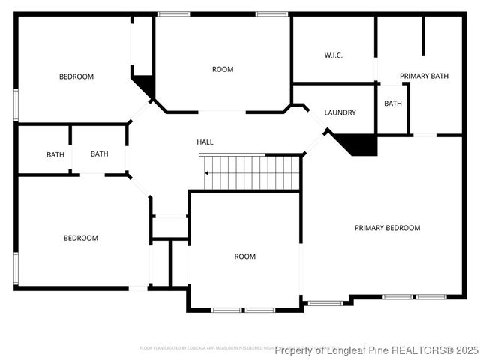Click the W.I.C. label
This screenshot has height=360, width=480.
[x=333, y=55]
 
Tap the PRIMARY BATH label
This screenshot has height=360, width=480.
[x=424, y=76]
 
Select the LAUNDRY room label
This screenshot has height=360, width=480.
[x=340, y=112]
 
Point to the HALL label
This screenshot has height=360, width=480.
[x=205, y=142]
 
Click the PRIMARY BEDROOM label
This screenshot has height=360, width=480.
[x=387, y=228]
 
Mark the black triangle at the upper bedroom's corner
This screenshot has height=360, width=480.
[x=146, y=85]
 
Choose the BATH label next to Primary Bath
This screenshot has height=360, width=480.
[x=393, y=103]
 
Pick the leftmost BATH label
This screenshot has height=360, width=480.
[x=55, y=155]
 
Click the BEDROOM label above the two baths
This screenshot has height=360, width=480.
[x=76, y=76]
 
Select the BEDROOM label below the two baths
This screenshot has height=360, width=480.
[x=80, y=238]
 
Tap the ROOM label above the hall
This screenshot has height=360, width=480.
[x=223, y=69]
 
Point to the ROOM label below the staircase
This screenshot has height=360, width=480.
[x=244, y=256]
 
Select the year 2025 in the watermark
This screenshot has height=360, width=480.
[x=463, y=350]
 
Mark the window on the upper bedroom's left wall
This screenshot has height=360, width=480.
[x=15, y=104]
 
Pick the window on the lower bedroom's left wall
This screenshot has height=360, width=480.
[x=15, y=268]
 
